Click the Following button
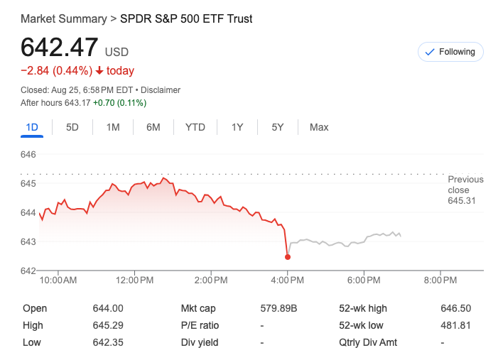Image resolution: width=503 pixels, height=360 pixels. pos(450,52)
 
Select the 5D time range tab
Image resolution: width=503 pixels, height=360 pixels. pos(72,127)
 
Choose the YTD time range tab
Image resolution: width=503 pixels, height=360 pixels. pos(195,127)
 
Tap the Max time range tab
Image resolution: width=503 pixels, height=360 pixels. pos(319,127)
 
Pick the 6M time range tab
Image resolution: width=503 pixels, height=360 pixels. pos(153,127)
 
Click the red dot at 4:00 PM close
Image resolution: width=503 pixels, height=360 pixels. pos(287,257)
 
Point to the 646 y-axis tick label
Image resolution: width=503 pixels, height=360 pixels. pos(28,154)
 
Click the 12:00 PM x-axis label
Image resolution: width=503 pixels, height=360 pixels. pos(134,280)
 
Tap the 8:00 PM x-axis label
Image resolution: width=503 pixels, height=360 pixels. pos(440,280)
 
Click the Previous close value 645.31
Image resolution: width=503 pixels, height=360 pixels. pos(461,201)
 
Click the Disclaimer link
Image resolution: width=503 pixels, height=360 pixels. pos(161,90)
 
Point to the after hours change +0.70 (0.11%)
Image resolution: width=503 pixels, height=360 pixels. pos(120,103)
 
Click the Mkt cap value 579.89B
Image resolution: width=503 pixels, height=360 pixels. pos(279,308)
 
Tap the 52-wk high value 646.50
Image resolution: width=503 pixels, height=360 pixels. pos(455,308)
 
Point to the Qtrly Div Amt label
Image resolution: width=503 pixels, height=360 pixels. pos(368,342)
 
